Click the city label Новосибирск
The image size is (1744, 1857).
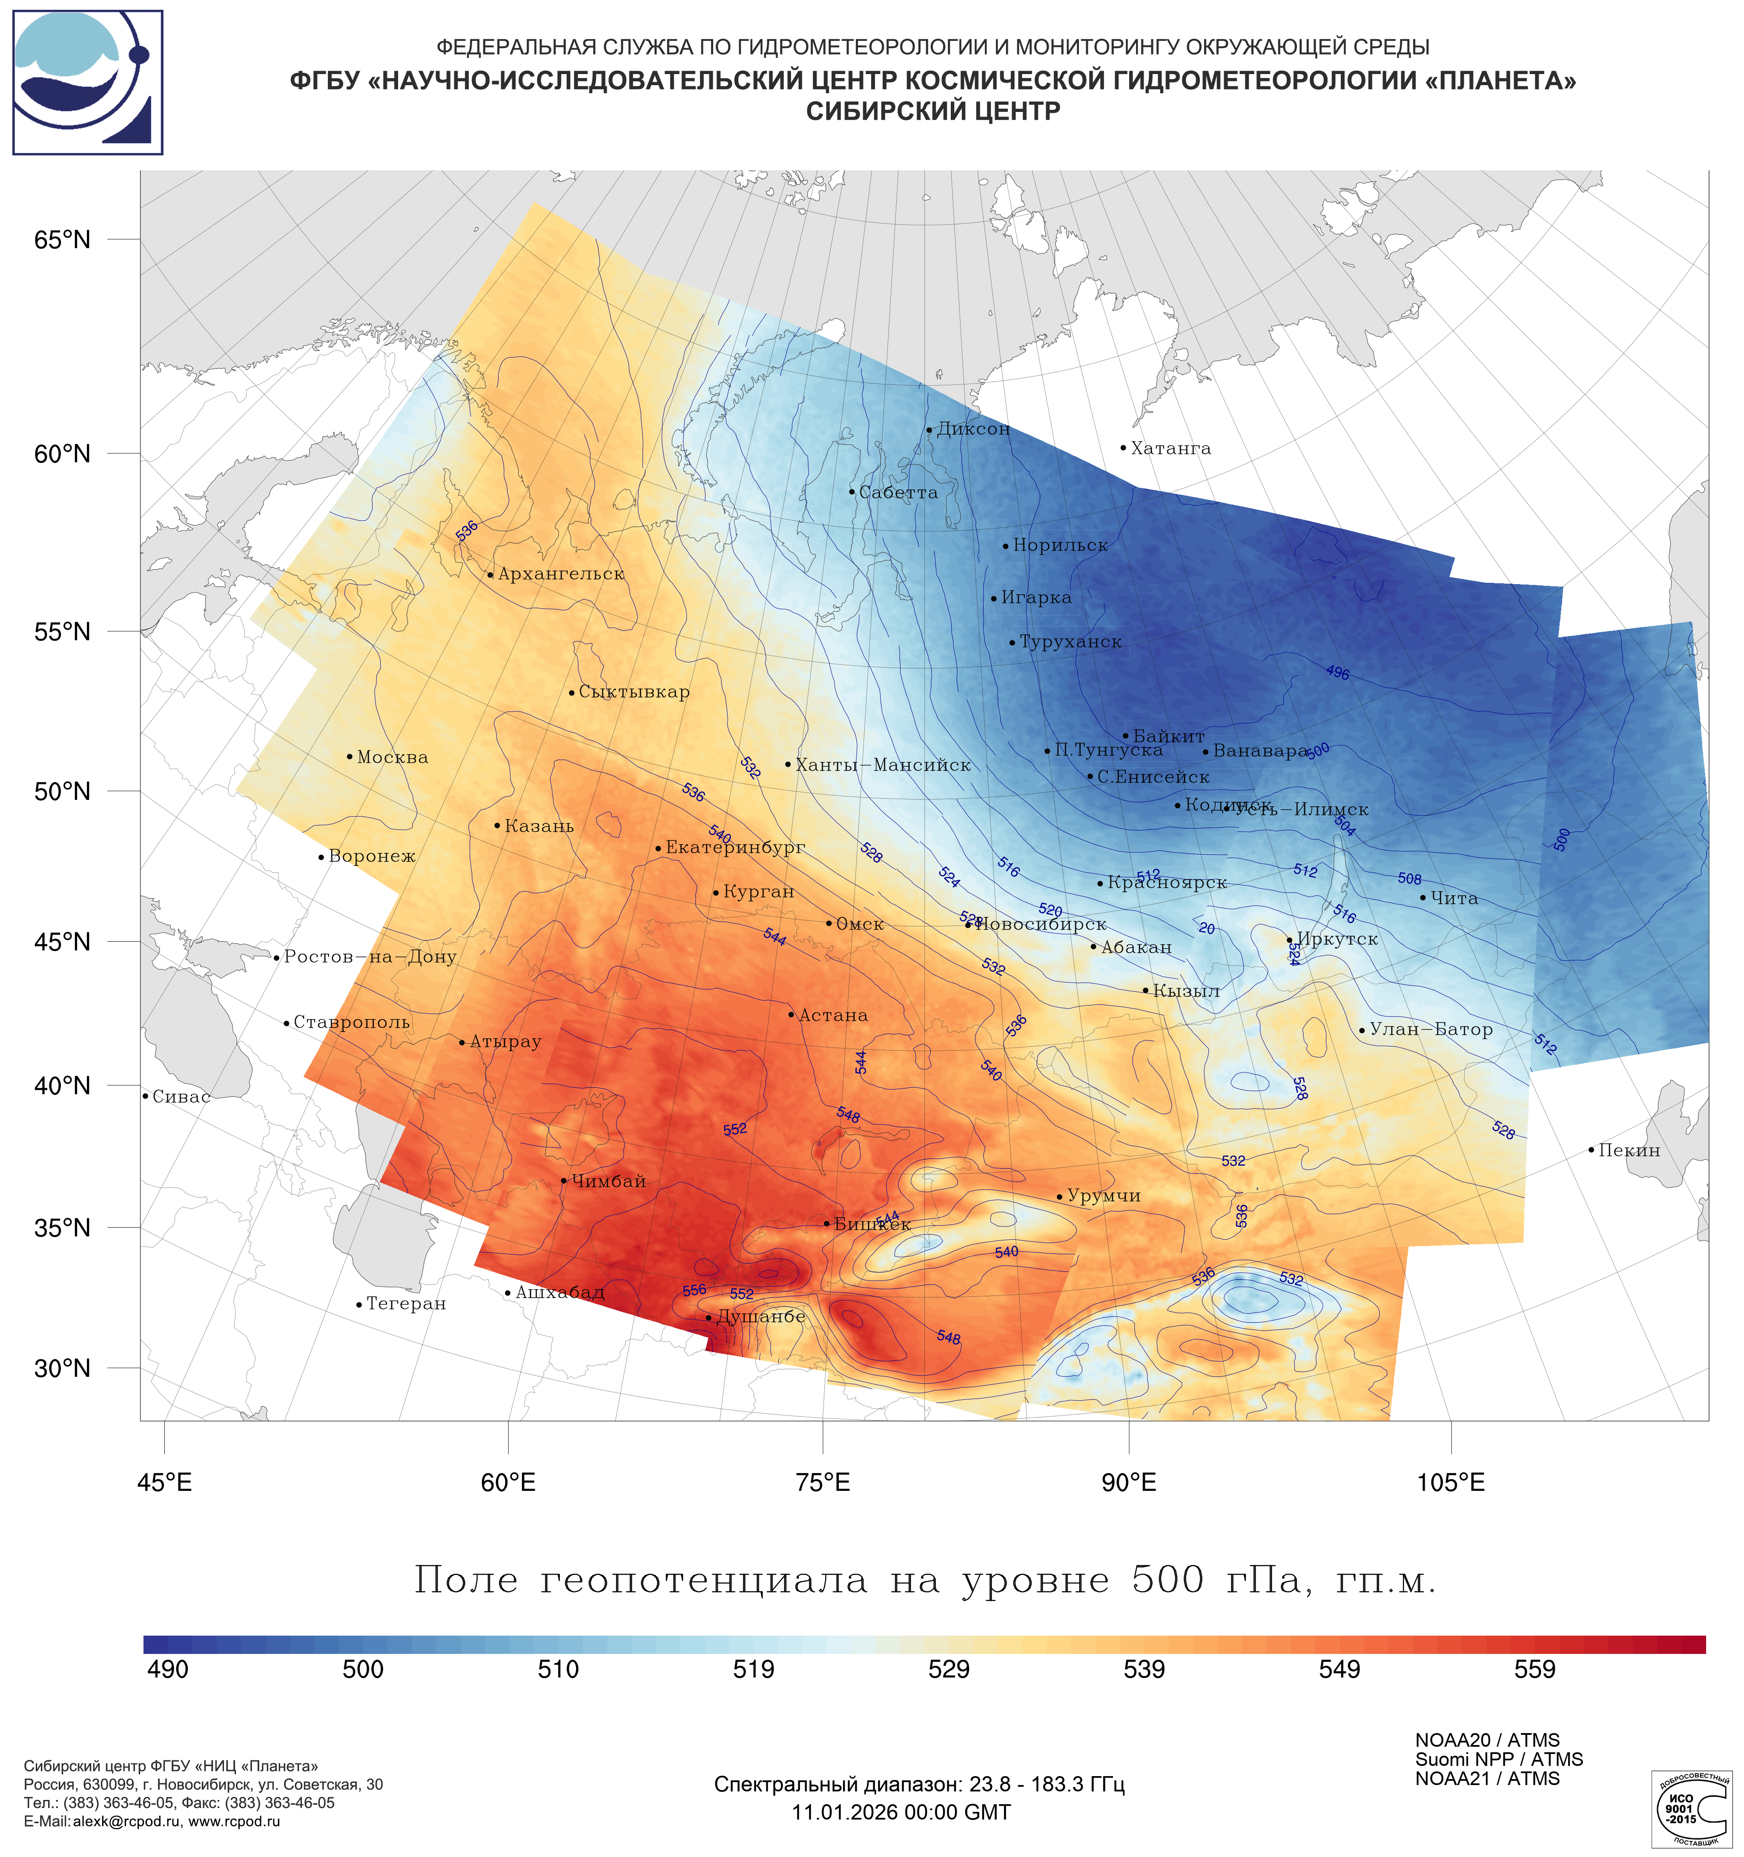click(x=1040, y=925)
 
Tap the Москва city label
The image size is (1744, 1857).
click(x=392, y=757)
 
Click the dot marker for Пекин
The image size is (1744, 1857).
click(x=1591, y=1150)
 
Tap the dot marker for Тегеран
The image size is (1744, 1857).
click(x=359, y=1305)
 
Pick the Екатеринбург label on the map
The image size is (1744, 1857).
click(x=734, y=848)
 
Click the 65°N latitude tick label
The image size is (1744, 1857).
click(x=63, y=240)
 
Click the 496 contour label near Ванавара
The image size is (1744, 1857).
click(x=1338, y=673)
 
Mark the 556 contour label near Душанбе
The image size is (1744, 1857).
click(x=694, y=1290)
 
